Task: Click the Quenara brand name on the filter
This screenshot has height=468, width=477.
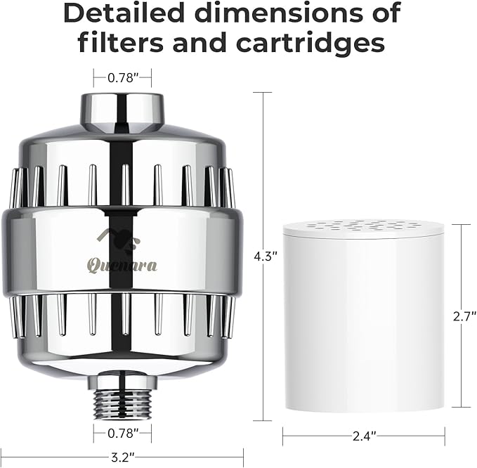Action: [123, 265]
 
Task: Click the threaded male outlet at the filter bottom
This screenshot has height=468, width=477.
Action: [122, 397]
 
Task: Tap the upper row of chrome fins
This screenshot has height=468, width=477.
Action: [122, 186]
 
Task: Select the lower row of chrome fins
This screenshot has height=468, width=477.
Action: [122, 312]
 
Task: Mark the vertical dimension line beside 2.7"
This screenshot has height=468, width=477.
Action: [462, 267]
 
